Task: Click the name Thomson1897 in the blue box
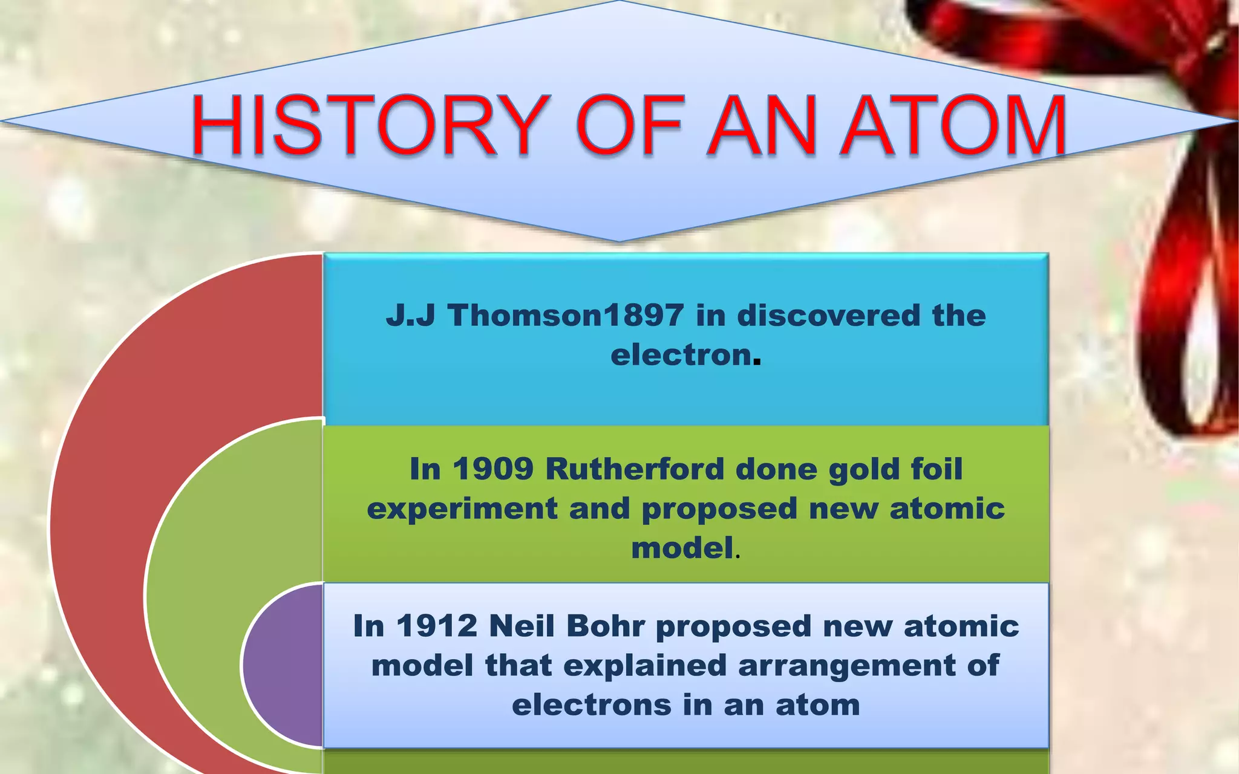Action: pos(566,316)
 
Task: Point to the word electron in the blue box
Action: pos(681,355)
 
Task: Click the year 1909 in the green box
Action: pos(492,469)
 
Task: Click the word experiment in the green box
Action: pos(462,509)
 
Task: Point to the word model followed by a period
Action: pos(682,548)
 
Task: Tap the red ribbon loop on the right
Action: pos(1186,314)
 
